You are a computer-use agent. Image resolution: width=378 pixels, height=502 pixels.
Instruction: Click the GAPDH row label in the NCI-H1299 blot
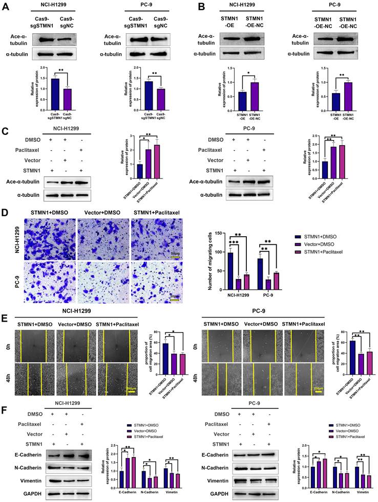pyautogui.click(x=28, y=492)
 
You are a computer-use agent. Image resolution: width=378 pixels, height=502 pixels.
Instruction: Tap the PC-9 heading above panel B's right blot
pyautogui.click(x=330, y=9)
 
